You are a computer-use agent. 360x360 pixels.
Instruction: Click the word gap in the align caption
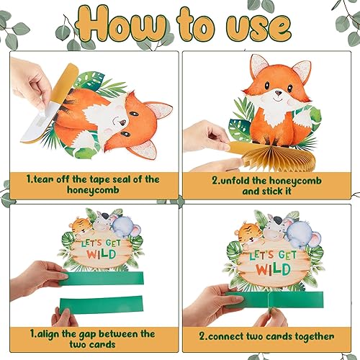tap(95, 334)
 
